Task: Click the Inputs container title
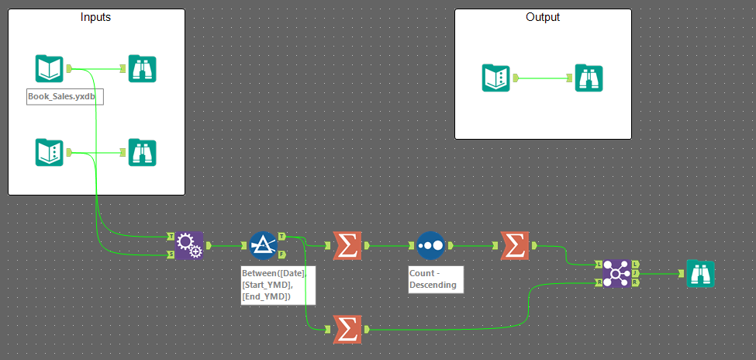pos(96,17)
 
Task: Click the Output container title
pos(542,17)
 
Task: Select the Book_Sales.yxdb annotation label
pos(65,97)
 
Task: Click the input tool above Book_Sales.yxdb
pos(49,69)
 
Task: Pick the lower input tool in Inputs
pos(49,152)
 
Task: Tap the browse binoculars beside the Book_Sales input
pos(143,69)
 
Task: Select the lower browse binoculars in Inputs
pos(143,152)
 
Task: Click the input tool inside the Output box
pos(495,78)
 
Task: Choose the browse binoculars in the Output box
pos(589,78)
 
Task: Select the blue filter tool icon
pos(264,245)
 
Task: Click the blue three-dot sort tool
pos(430,245)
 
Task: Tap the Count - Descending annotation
pos(435,279)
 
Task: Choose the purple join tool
pos(617,273)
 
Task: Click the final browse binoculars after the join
pos(701,273)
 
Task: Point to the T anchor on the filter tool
pos(281,237)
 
